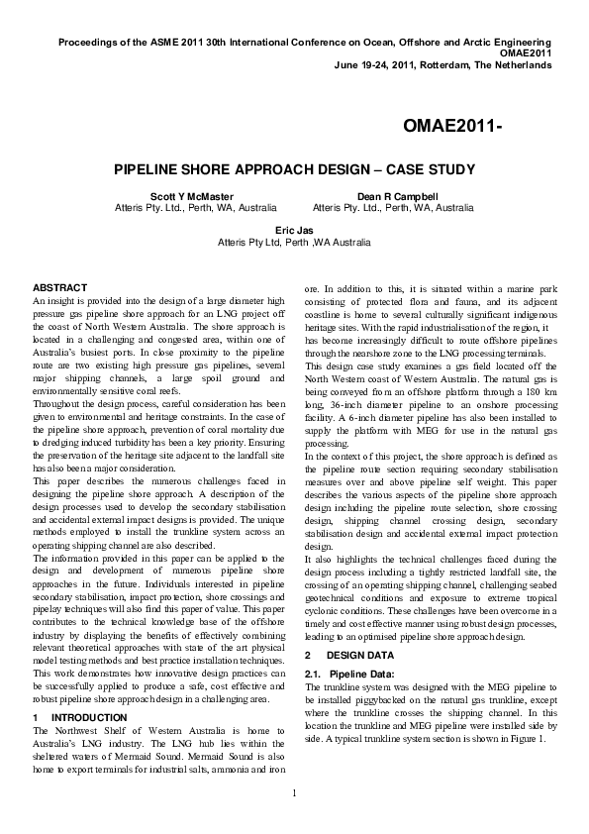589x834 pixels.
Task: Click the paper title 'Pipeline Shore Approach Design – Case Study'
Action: [295, 169]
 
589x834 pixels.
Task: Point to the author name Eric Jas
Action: [294, 229]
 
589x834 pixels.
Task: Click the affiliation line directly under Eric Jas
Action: [294, 241]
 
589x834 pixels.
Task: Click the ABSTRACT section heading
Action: [60, 287]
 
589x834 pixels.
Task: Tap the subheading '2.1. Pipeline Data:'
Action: [347, 674]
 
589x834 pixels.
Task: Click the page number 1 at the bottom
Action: [295, 792]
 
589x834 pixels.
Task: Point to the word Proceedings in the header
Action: [90, 44]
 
